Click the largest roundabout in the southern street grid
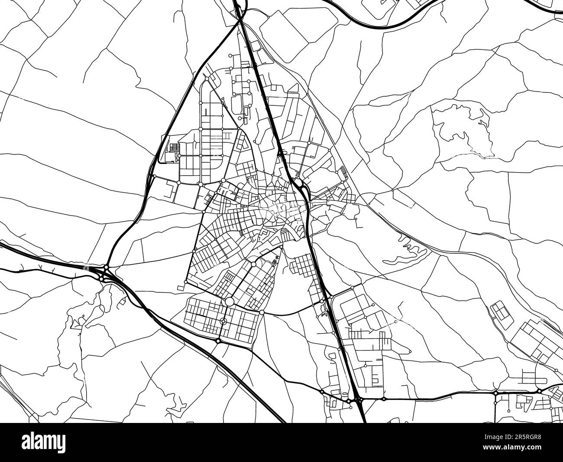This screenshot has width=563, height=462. coord(229,301)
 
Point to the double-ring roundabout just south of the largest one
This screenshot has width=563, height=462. coord(223,321)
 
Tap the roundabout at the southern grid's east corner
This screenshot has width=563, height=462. coord(262,312)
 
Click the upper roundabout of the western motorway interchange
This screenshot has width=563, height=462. coord(107,267)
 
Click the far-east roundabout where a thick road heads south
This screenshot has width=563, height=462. coord(495,393)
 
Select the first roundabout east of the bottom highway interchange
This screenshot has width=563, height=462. coord(384,398)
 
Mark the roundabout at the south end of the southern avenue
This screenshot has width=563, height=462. coord(218,341)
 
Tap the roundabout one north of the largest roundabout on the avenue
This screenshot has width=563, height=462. coord(253,264)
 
